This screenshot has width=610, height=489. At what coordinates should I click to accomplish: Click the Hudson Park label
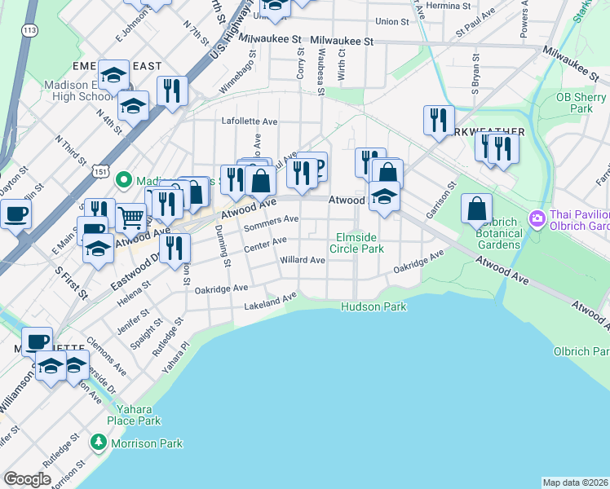click(x=374, y=306)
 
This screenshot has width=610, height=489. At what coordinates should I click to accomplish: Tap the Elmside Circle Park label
click(x=360, y=243)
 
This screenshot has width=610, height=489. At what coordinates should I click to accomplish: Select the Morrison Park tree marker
click(x=99, y=443)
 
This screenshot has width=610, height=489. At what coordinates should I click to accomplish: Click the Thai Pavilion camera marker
click(x=537, y=218)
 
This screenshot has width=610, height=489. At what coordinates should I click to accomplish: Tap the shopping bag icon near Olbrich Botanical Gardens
click(x=476, y=209)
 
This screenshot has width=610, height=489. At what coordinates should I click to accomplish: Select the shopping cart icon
click(x=131, y=218)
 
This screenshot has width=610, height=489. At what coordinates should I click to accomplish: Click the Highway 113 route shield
click(x=30, y=30)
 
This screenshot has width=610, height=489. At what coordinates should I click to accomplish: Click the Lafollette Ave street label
click(x=250, y=121)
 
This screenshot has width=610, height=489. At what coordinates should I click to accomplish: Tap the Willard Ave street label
click(x=303, y=261)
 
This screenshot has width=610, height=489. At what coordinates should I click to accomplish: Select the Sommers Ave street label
click(x=272, y=222)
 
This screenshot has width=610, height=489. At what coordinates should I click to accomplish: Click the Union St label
click(x=392, y=21)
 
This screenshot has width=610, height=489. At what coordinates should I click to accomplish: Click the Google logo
click(x=27, y=479)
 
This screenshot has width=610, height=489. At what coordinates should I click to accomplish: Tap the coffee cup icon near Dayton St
click(x=15, y=216)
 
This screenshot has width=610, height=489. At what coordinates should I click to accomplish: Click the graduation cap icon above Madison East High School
click(x=114, y=76)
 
